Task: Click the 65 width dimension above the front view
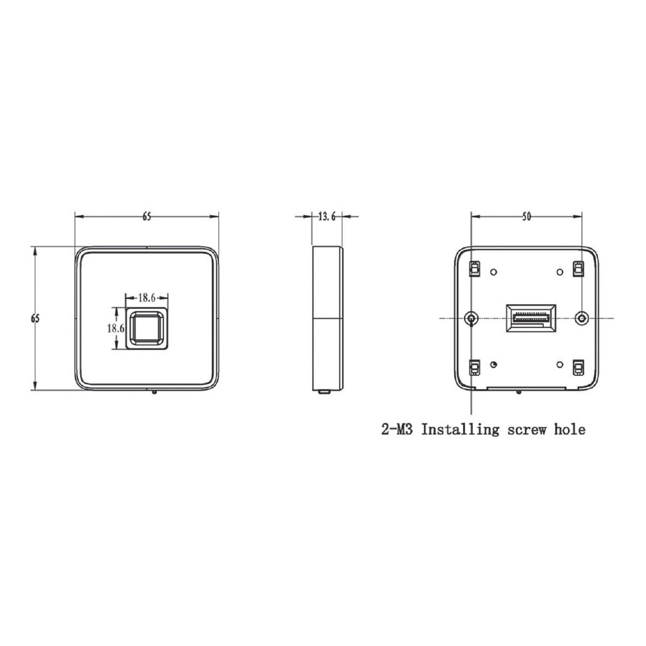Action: click(x=147, y=216)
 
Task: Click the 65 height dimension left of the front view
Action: click(x=36, y=318)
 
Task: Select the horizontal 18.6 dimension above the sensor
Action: click(x=147, y=297)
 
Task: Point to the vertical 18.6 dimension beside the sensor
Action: click(x=116, y=328)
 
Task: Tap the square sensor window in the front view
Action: click(x=147, y=328)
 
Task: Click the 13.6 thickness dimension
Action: click(x=327, y=216)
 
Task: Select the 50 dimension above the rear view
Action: click(x=526, y=216)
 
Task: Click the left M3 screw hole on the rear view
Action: click(x=471, y=318)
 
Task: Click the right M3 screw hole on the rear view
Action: click(x=581, y=318)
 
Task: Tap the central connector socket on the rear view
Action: click(x=530, y=318)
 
